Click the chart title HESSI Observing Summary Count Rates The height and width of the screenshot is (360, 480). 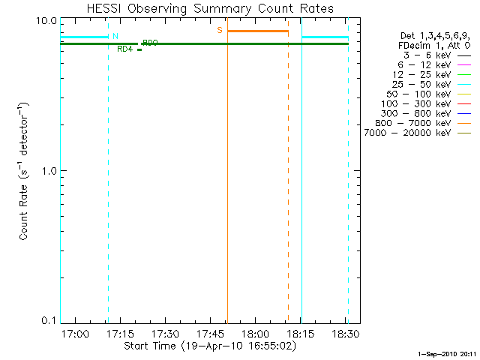(x=211, y=8)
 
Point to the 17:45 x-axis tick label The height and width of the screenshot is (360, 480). (x=210, y=333)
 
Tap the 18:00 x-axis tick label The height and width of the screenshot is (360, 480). (x=255, y=333)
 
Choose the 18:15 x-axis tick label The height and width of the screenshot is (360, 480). (x=300, y=333)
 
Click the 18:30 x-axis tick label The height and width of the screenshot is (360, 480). (x=344, y=333)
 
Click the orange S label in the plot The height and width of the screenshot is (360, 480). (x=220, y=30)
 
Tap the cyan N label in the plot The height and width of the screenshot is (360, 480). (x=115, y=36)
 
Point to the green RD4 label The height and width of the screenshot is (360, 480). (x=124, y=49)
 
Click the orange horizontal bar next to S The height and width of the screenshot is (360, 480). (x=257, y=31)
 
